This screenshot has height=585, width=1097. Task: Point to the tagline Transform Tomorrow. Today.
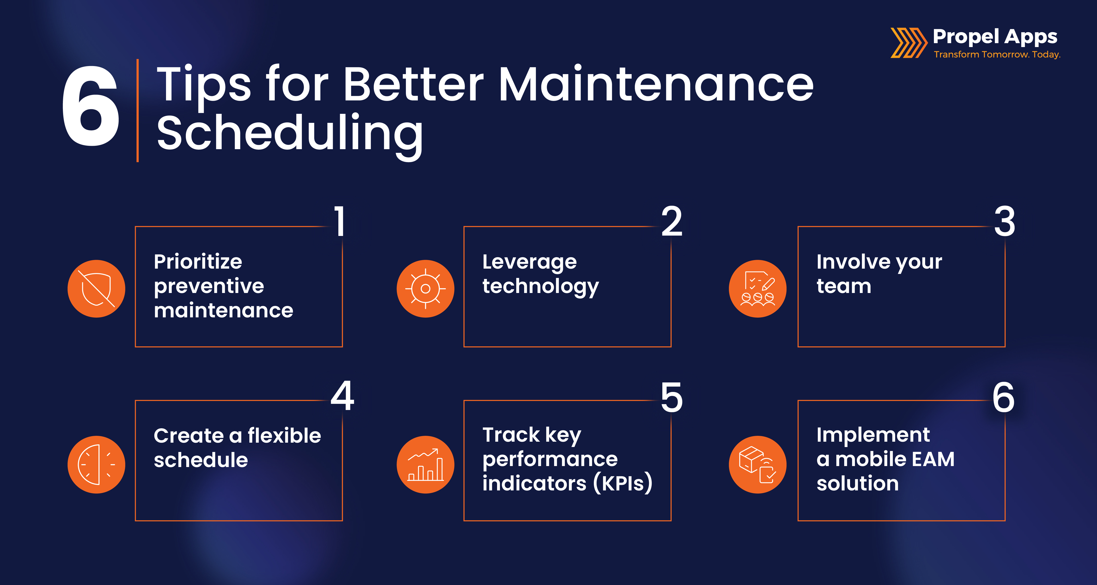tap(997, 55)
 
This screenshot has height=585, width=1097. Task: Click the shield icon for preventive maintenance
tap(96, 289)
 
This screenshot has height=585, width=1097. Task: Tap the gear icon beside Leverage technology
tap(425, 289)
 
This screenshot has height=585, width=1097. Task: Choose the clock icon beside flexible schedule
tap(96, 465)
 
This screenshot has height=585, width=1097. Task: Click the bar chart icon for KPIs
tap(425, 465)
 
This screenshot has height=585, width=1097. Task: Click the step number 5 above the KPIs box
tap(672, 397)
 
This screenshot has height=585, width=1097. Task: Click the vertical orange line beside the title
tap(137, 111)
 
